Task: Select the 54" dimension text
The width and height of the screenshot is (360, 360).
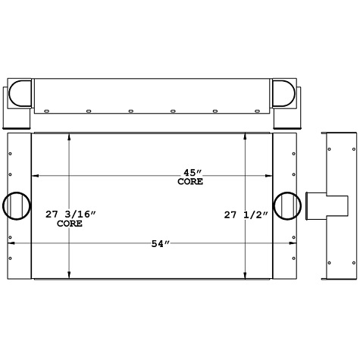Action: pyautogui.click(x=161, y=243)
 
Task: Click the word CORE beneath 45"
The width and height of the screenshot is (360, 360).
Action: pyautogui.click(x=189, y=182)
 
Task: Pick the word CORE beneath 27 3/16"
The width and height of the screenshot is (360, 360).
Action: pyautogui.click(x=69, y=224)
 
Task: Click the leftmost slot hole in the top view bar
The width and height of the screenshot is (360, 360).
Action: pyautogui.click(x=46, y=111)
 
